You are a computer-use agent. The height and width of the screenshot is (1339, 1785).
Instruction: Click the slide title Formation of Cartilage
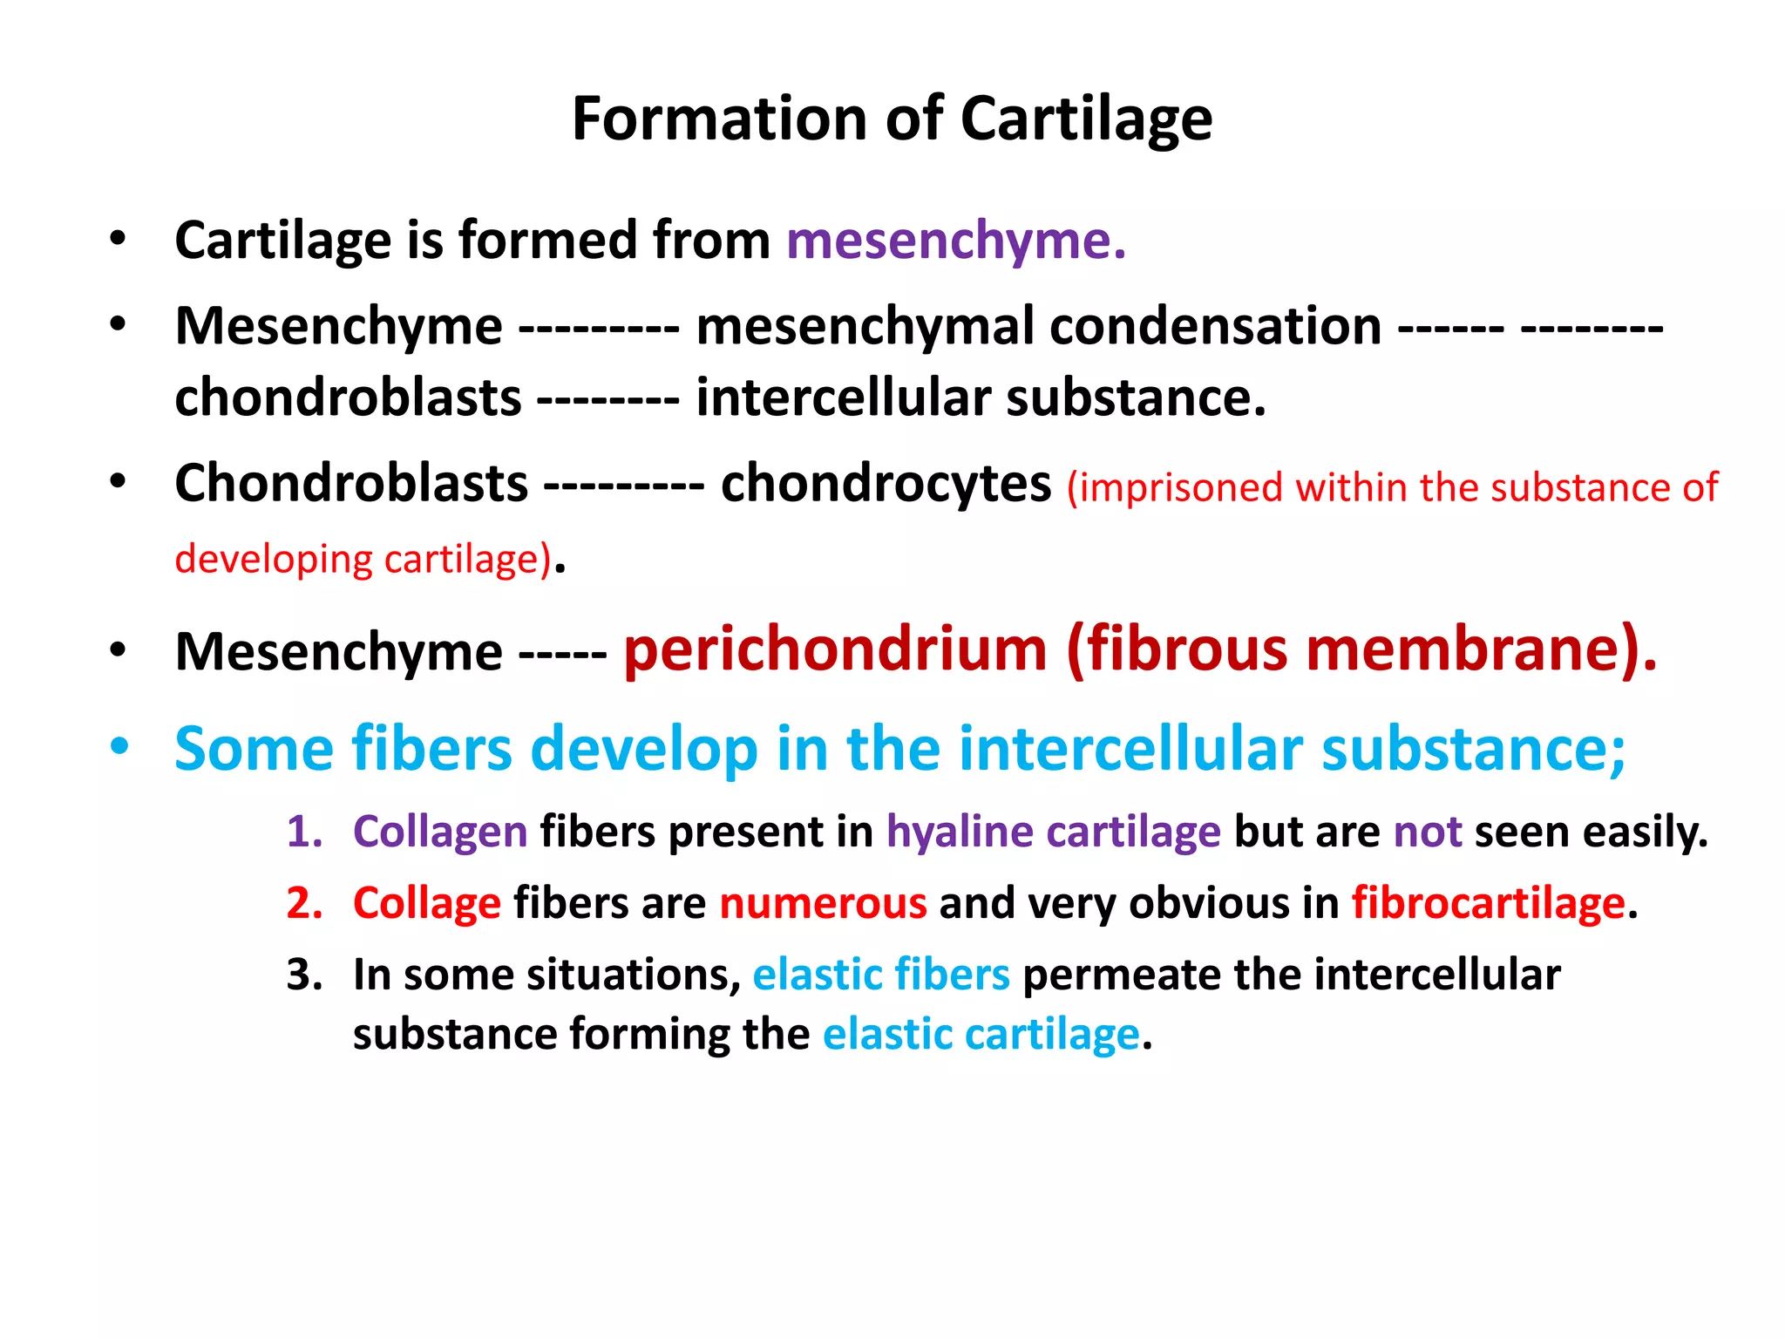click(892, 119)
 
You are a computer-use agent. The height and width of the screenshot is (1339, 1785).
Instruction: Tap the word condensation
click(1215, 327)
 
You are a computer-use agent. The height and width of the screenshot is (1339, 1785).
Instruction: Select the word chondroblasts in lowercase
click(348, 398)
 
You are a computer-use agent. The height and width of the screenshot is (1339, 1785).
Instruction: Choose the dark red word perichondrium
click(835, 650)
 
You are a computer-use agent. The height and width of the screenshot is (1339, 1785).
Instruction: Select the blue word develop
click(644, 749)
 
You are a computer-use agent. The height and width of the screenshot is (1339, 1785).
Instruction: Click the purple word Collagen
click(440, 832)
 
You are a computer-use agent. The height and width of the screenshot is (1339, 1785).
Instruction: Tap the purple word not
click(1428, 832)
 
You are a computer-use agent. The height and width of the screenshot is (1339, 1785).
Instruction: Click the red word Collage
click(427, 903)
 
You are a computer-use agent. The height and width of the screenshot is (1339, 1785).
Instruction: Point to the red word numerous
click(823, 903)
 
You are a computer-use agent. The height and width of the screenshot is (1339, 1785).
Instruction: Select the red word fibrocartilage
click(1489, 903)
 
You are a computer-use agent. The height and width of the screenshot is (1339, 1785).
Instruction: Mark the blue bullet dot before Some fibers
click(119, 747)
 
